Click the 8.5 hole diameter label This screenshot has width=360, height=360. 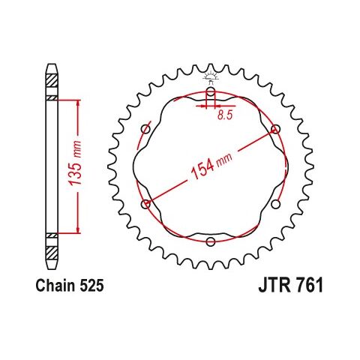(224, 116)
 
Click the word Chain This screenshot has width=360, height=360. (55, 286)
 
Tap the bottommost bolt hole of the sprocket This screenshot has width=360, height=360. (210, 241)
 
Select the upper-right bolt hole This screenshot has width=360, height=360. (275, 128)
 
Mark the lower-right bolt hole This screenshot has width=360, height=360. (275, 203)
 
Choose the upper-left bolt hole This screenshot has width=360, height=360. (145, 128)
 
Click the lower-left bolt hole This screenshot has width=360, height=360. (145, 203)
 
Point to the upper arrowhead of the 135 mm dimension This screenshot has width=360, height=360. (76, 102)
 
